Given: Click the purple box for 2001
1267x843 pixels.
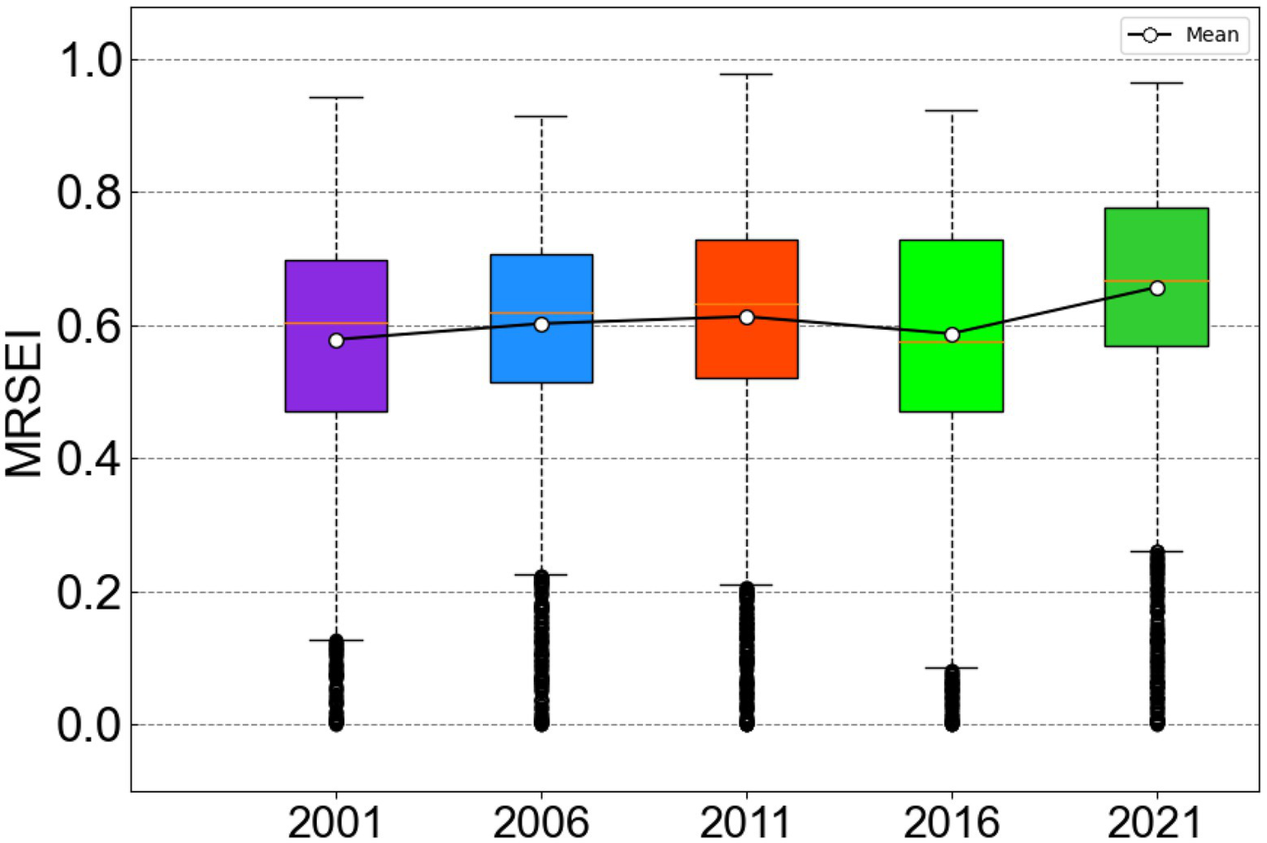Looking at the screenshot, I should (x=336, y=379).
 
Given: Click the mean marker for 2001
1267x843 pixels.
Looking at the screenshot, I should (x=336, y=341).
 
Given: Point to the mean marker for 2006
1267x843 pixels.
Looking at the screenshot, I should (x=541, y=324).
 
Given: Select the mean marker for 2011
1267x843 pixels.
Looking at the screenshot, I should (x=747, y=318).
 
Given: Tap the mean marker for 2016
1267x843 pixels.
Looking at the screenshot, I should (x=952, y=335).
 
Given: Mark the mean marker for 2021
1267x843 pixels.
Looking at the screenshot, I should (x=1157, y=288).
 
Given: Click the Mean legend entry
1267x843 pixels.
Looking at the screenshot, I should (x=1184, y=35).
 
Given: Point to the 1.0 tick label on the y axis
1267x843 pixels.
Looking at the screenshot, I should (x=89, y=60).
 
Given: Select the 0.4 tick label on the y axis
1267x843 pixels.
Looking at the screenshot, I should (x=89, y=459).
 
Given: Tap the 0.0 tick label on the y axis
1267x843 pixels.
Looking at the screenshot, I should (x=89, y=726).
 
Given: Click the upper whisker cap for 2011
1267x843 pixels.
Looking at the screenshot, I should (x=747, y=74).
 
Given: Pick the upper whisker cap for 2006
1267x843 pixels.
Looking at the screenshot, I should (x=541, y=116).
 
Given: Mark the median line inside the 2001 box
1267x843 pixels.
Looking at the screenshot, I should (x=336, y=323).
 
